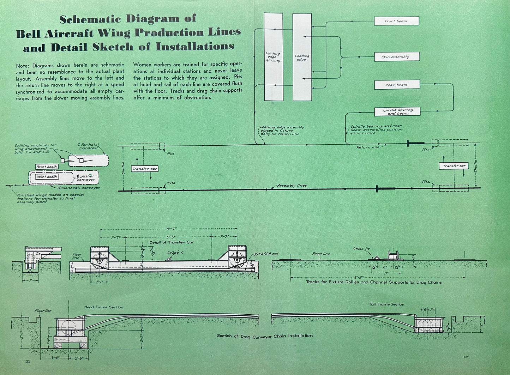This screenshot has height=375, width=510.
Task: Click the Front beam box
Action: (x=396, y=21)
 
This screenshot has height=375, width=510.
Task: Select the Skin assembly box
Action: (x=397, y=57)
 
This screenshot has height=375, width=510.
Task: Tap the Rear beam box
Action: (x=397, y=85)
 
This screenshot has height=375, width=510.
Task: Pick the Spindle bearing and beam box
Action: (x=397, y=111)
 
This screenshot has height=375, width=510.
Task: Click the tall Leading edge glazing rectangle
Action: (x=274, y=57)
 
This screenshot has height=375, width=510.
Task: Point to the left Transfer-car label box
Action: (x=145, y=169)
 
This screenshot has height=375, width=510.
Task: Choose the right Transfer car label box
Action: (x=454, y=166)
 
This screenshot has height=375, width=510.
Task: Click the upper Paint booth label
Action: (x=47, y=167)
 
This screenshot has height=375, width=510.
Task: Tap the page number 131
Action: (x=27, y=362)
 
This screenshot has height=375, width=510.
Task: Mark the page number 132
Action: (x=466, y=357)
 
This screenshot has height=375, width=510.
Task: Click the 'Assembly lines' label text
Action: (x=292, y=186)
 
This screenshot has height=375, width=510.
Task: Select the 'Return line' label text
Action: (x=368, y=147)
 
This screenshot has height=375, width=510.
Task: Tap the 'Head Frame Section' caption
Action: (x=104, y=307)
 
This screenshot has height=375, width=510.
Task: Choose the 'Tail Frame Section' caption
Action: (x=387, y=304)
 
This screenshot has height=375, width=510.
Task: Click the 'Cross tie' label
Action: (x=361, y=248)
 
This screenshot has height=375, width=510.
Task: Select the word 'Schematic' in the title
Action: (x=90, y=19)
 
